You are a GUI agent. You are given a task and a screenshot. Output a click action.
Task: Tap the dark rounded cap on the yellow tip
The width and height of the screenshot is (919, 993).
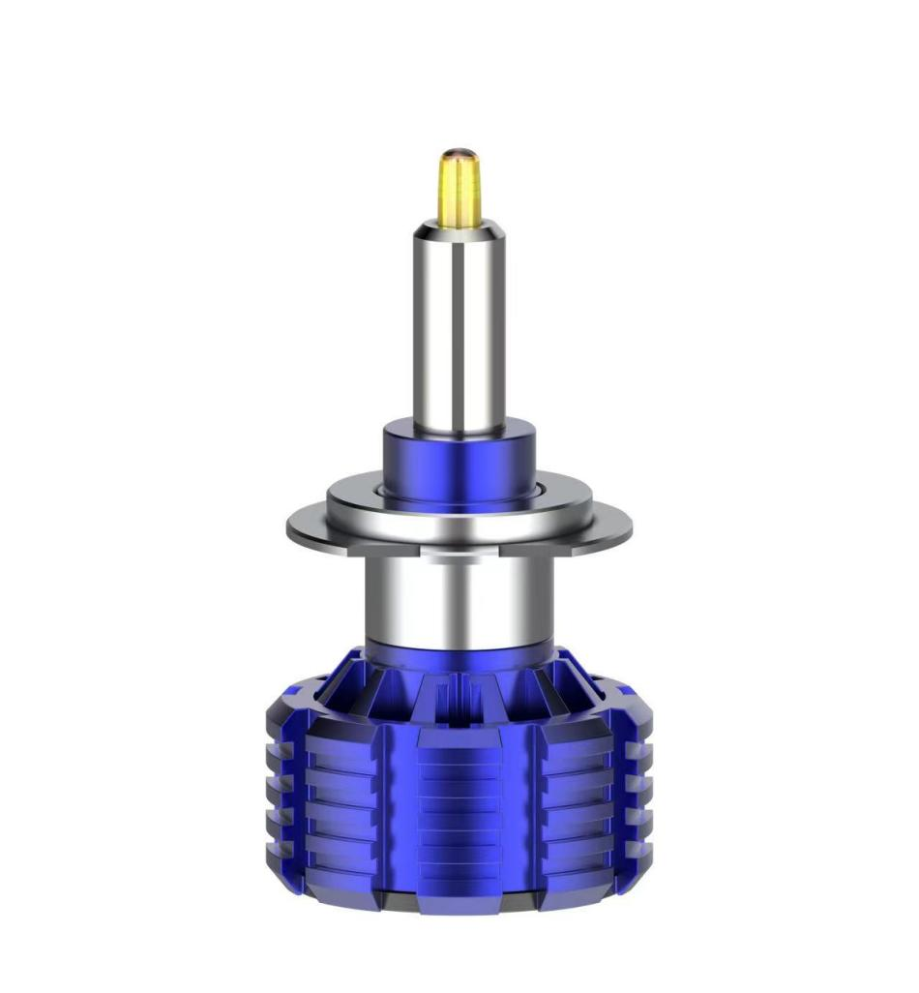(x=459, y=155)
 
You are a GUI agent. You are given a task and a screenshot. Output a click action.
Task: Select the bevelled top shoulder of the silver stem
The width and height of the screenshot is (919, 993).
(x=459, y=230)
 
